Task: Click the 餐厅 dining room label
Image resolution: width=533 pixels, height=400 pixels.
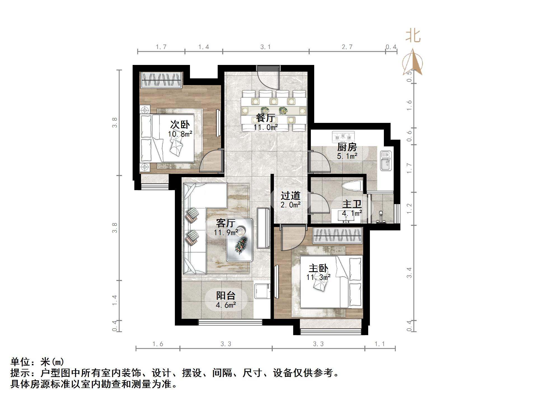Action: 265,118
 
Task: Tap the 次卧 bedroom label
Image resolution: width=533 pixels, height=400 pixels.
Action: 180,125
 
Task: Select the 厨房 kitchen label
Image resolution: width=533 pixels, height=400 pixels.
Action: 347,147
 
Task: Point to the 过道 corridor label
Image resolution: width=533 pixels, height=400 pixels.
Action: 290,195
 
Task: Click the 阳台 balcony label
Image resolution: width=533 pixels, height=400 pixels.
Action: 226,296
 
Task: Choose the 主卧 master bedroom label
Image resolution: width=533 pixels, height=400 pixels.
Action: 318,268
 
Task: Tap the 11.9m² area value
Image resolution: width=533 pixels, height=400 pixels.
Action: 226,232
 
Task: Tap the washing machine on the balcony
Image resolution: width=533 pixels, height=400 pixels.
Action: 262,291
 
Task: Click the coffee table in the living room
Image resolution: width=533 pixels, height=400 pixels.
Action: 240,240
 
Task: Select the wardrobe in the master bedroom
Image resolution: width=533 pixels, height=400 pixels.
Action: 338,235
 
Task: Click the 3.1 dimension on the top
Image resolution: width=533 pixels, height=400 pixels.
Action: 265,47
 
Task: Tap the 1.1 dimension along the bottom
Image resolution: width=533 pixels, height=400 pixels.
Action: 380,344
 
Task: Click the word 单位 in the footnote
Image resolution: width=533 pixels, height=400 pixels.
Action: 20,362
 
